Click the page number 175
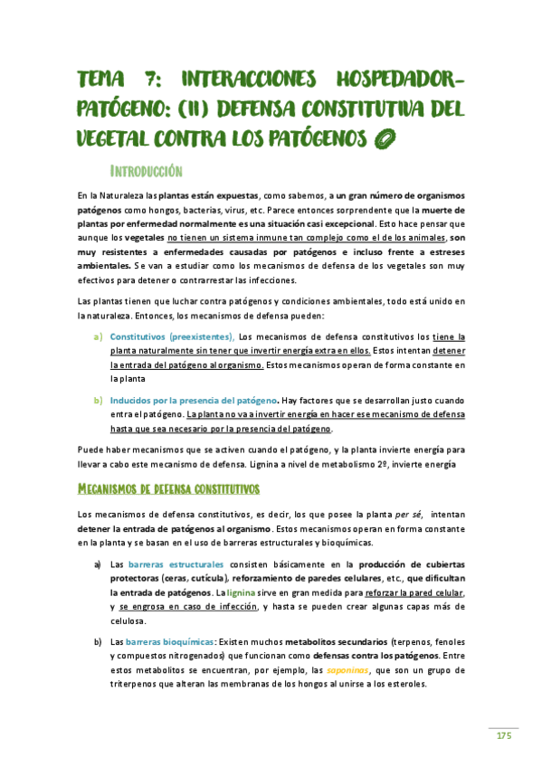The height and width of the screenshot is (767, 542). [503, 736]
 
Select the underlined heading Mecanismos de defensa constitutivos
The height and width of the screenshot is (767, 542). [168, 489]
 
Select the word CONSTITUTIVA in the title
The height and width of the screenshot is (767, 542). [338, 110]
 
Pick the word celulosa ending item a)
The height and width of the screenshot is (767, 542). [128, 621]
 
